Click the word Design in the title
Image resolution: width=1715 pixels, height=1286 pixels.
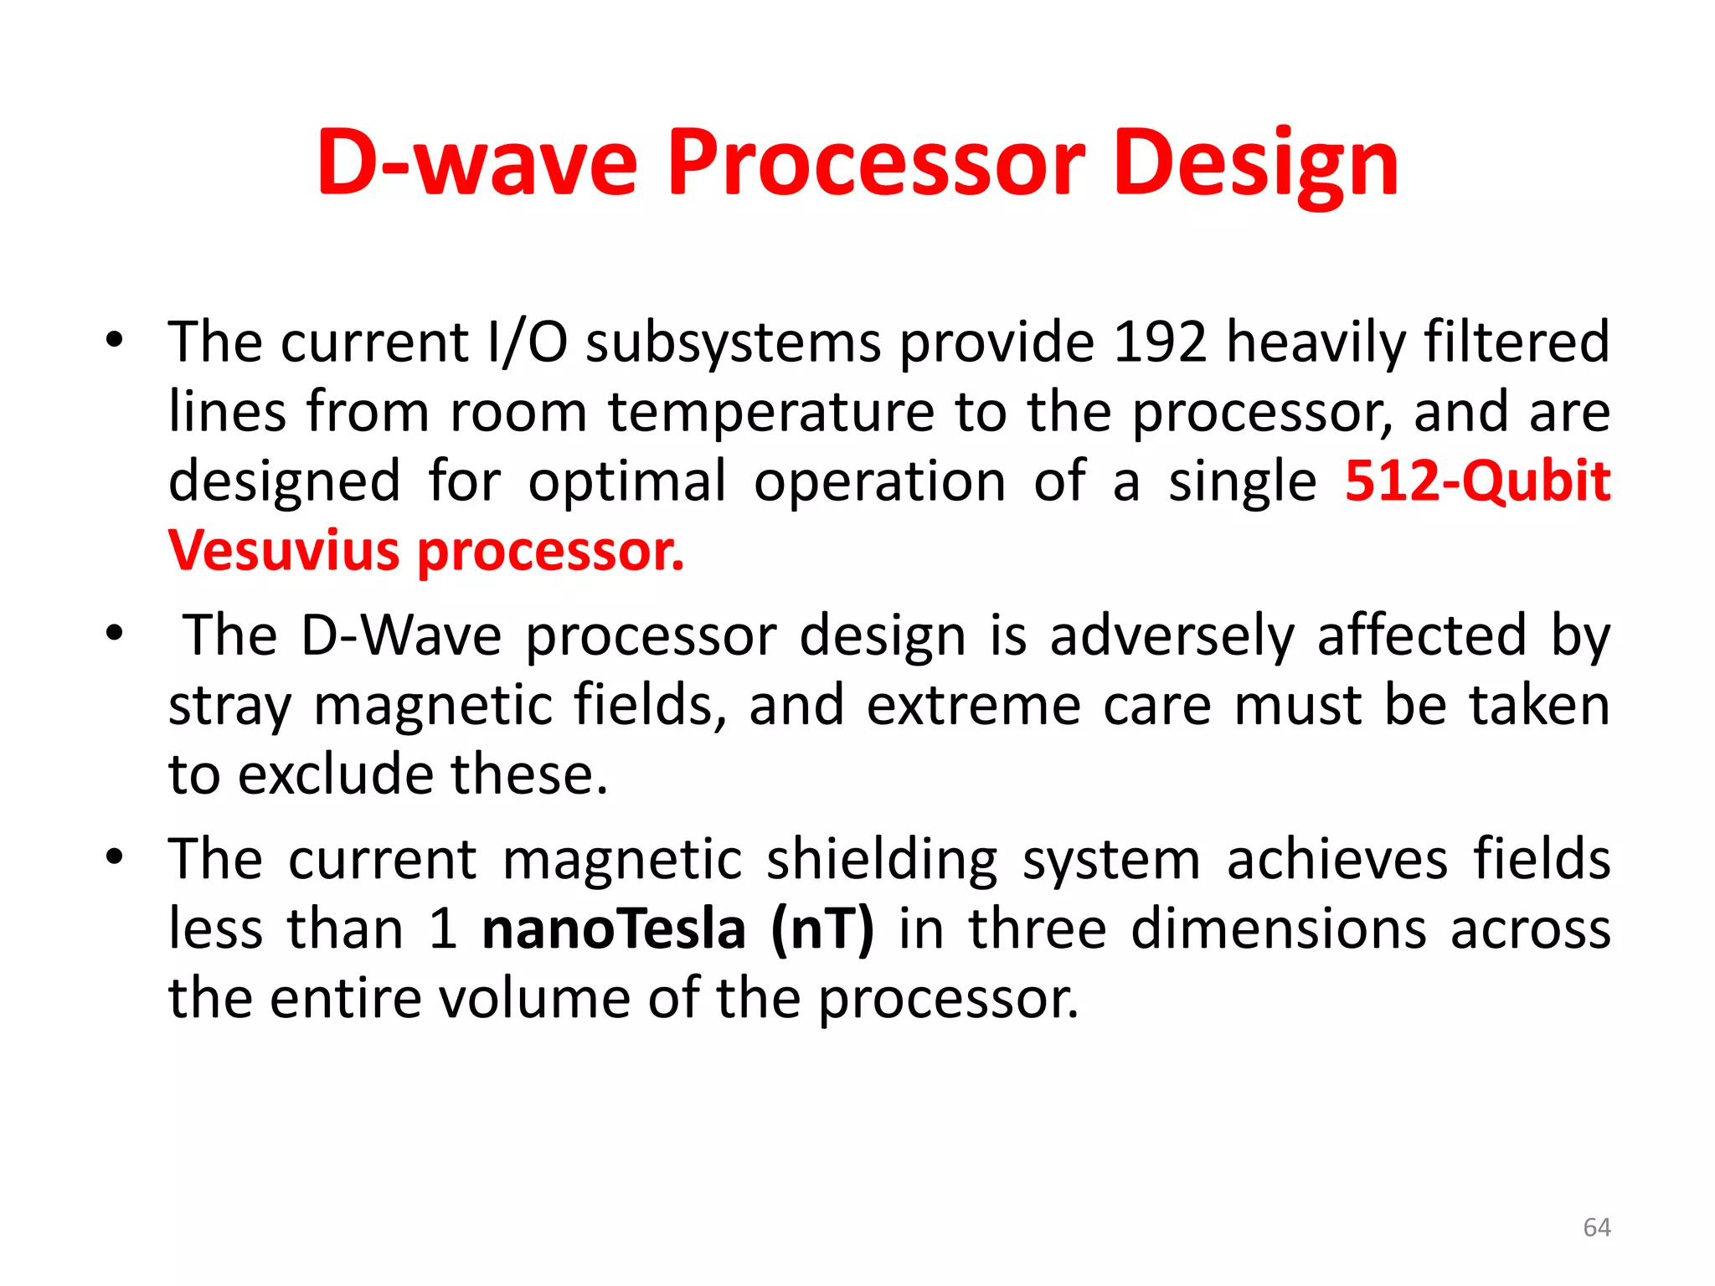[1256, 163]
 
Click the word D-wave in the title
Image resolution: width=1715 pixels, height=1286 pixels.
[477, 163]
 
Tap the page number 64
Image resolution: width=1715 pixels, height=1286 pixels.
[1597, 1227]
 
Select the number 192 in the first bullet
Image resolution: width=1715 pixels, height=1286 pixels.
[1160, 342]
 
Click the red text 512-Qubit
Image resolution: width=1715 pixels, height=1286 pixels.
[1477, 482]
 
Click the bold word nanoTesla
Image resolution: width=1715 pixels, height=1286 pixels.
[614, 929]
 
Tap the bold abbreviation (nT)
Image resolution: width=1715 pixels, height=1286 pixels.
[821, 929]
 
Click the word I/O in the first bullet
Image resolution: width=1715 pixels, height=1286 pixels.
[527, 342]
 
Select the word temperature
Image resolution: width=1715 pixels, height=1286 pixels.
[770, 413]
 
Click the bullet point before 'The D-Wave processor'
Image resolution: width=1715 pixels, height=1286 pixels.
[115, 634]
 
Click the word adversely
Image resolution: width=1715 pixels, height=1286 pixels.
[1172, 635]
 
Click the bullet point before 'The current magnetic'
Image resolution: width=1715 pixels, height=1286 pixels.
[115, 857]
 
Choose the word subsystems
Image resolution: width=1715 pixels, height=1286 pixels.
[734, 344]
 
